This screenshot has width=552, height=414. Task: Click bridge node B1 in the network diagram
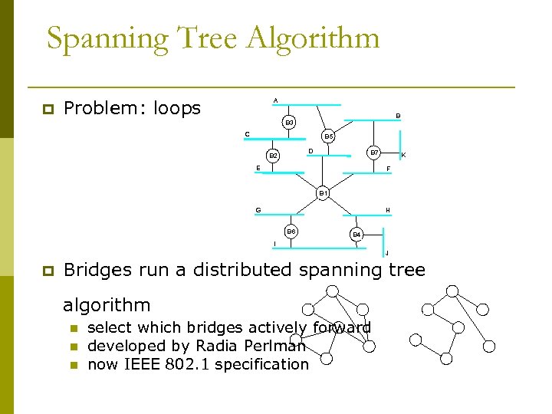[323, 192]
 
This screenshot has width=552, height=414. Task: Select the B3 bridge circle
[288, 122]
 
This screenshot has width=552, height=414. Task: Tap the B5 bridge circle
[328, 136]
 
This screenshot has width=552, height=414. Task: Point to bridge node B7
[373, 152]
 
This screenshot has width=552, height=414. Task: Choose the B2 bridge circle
[273, 156]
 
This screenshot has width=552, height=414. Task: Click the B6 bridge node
[291, 231]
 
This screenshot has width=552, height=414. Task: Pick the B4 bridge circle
[356, 234]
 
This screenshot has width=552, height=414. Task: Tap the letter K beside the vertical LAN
[403, 156]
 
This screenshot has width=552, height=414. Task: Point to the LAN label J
[386, 253]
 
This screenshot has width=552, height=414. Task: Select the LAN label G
[258, 210]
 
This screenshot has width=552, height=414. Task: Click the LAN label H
[387, 210]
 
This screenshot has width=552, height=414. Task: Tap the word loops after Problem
[176, 109]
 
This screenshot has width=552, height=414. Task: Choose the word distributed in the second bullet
[229, 270]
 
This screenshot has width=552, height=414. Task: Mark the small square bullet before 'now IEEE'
[74, 365]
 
